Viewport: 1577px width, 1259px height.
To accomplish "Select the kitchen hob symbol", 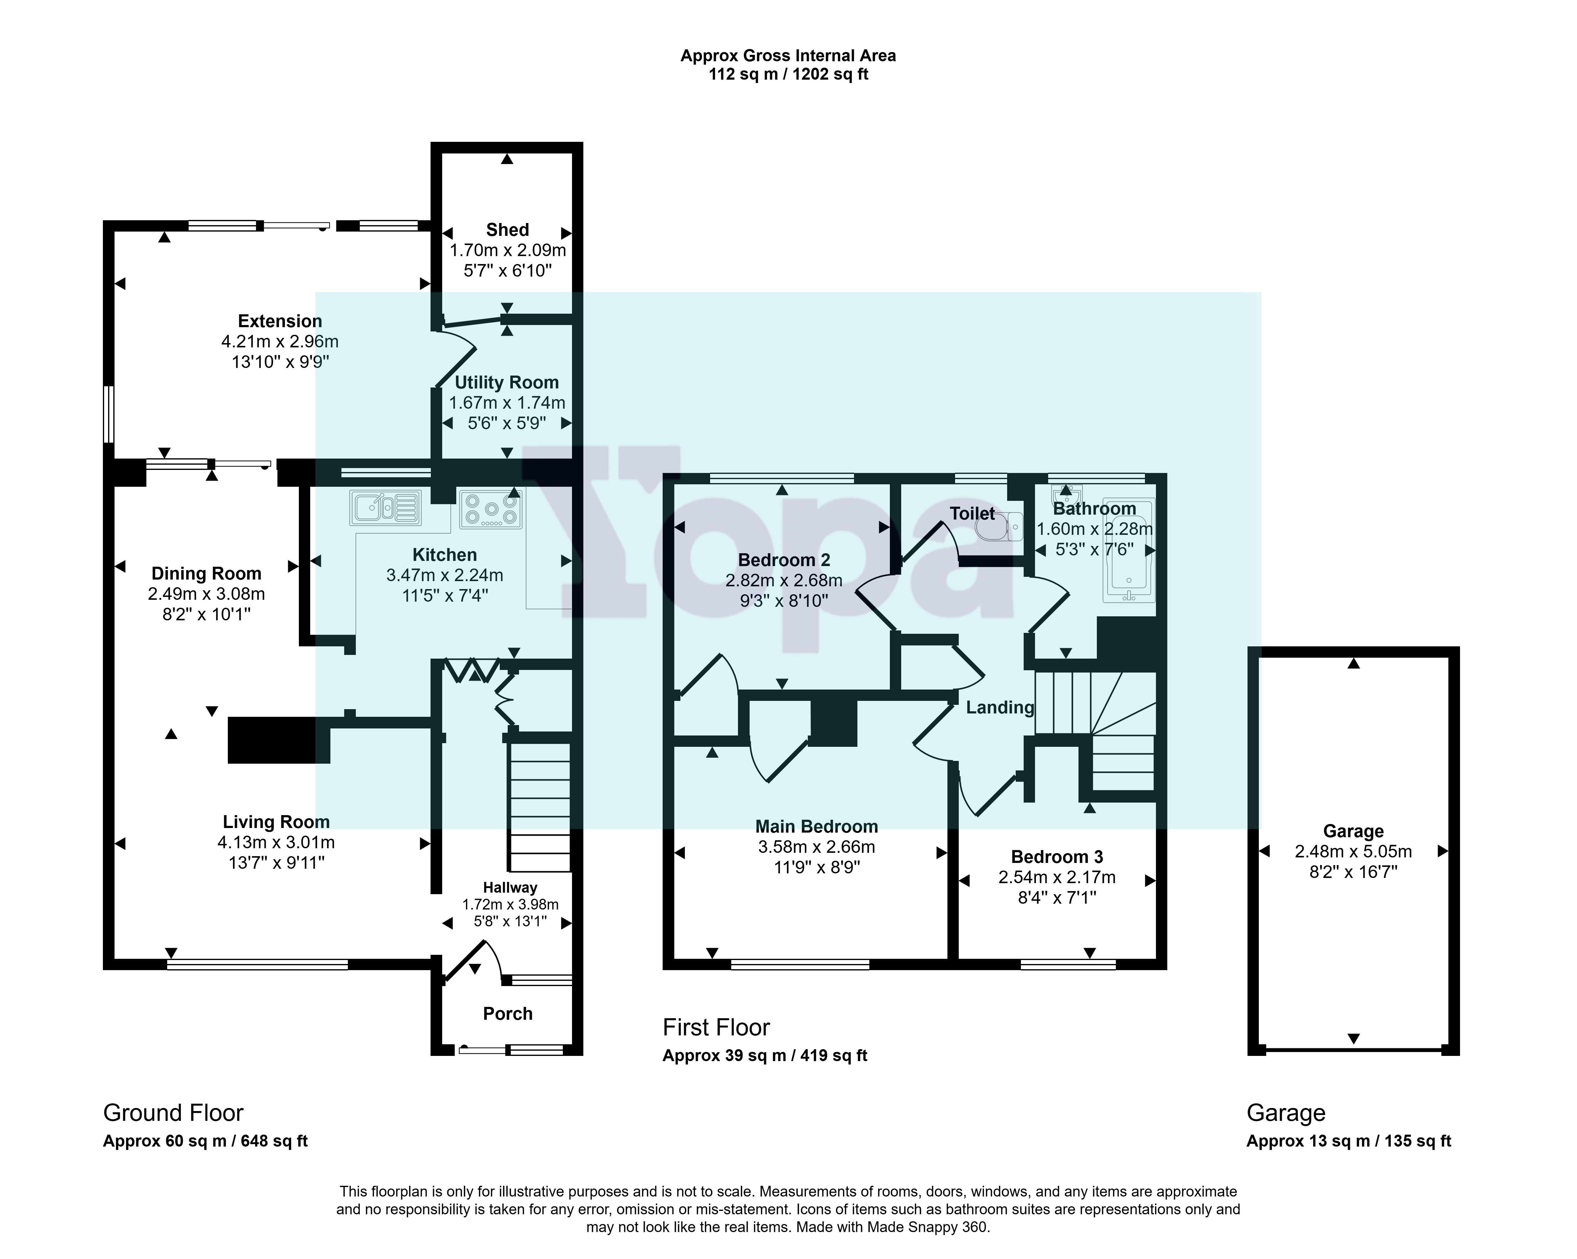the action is [x=491, y=509].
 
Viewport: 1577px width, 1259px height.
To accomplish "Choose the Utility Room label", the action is [x=506, y=383].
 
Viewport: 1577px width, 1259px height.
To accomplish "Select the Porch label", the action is [x=508, y=1013].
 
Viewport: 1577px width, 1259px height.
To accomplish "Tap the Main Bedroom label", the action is [x=816, y=827].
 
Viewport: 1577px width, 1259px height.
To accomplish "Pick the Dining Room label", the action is [x=206, y=573].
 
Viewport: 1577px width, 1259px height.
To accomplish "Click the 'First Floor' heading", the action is [x=716, y=1028].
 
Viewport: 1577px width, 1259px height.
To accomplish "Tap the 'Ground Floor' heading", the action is [x=173, y=1113].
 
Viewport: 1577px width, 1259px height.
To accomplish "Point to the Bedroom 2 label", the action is [x=784, y=560].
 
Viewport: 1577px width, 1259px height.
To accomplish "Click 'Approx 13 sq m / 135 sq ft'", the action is [x=1349, y=1141].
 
